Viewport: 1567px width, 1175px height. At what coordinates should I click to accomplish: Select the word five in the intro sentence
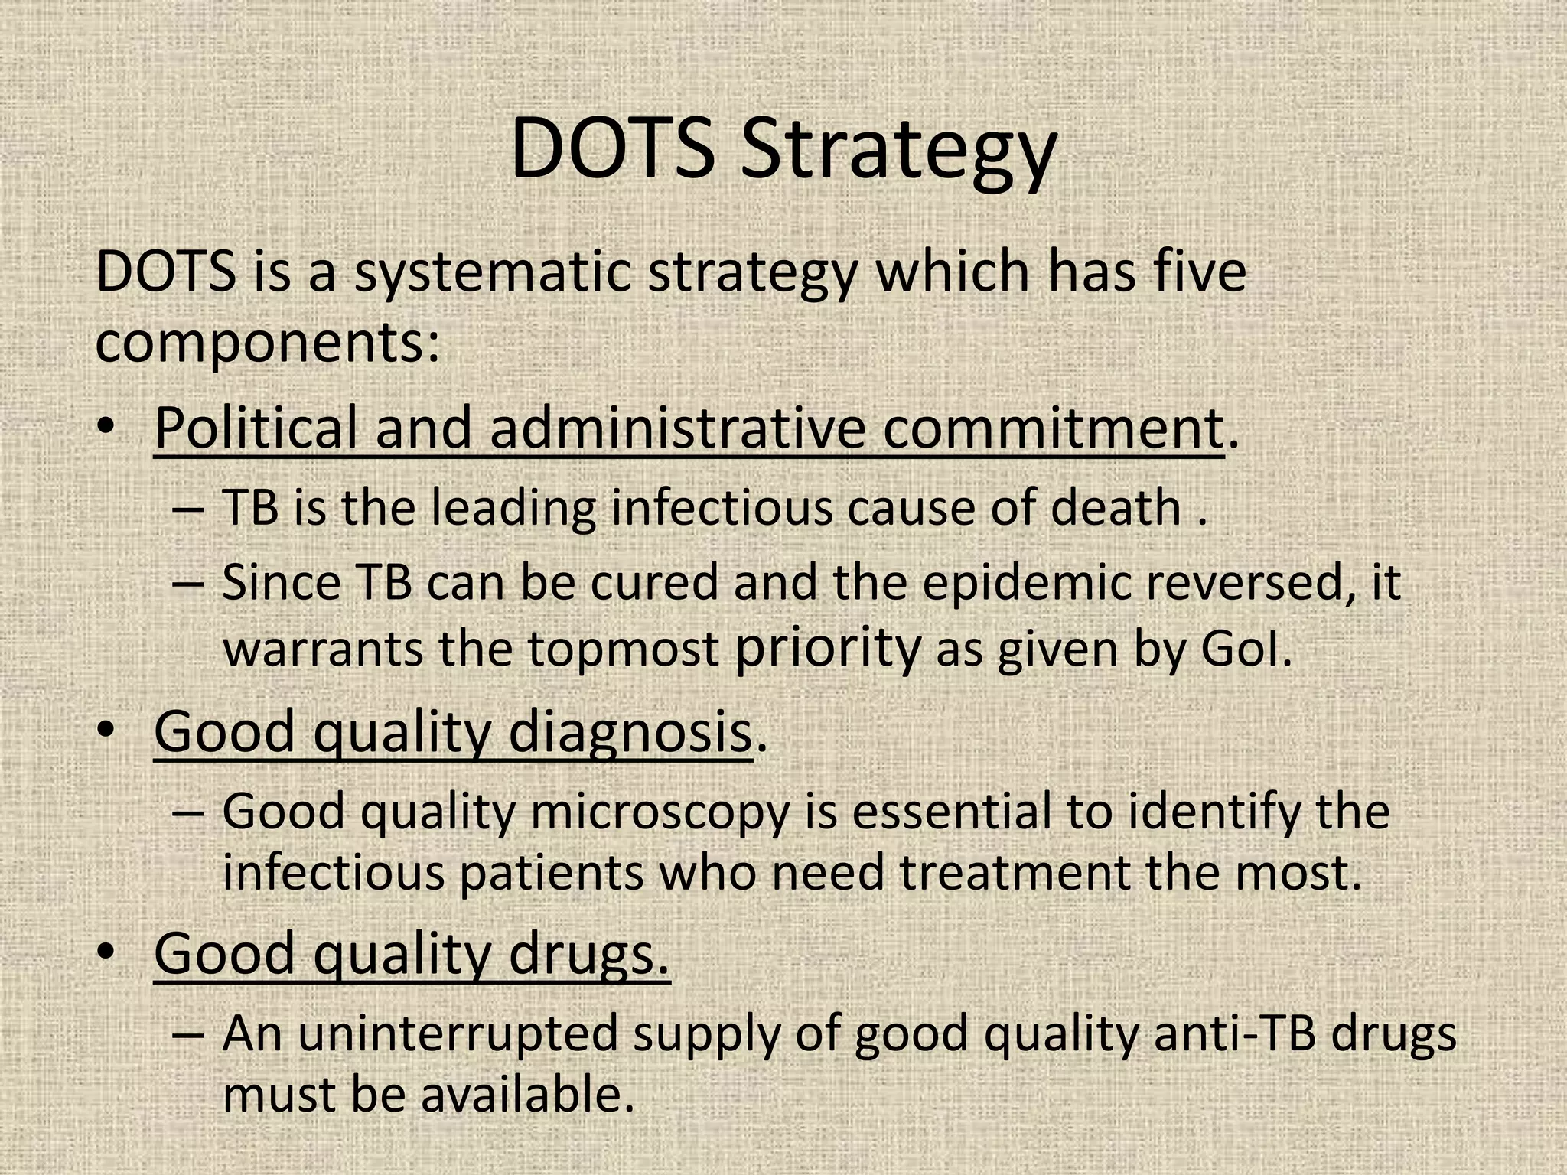tap(1200, 271)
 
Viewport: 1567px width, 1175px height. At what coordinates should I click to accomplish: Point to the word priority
tap(826, 649)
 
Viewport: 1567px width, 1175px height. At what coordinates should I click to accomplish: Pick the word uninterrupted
tap(458, 1033)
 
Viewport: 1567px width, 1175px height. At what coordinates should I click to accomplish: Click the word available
tap(528, 1094)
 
